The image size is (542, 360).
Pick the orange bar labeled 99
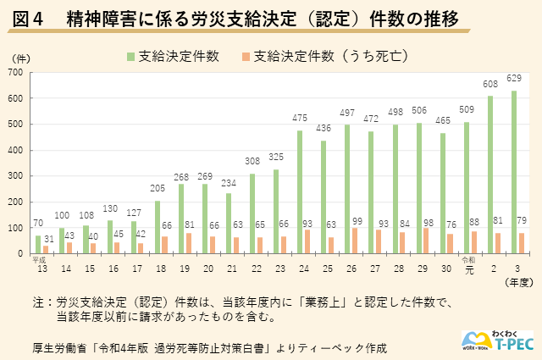pos(356,241)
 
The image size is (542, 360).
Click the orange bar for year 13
pos(47,249)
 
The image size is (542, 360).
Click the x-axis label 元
pos(468,269)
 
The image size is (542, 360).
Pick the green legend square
pos(131,56)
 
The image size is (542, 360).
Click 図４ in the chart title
pos(28,17)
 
